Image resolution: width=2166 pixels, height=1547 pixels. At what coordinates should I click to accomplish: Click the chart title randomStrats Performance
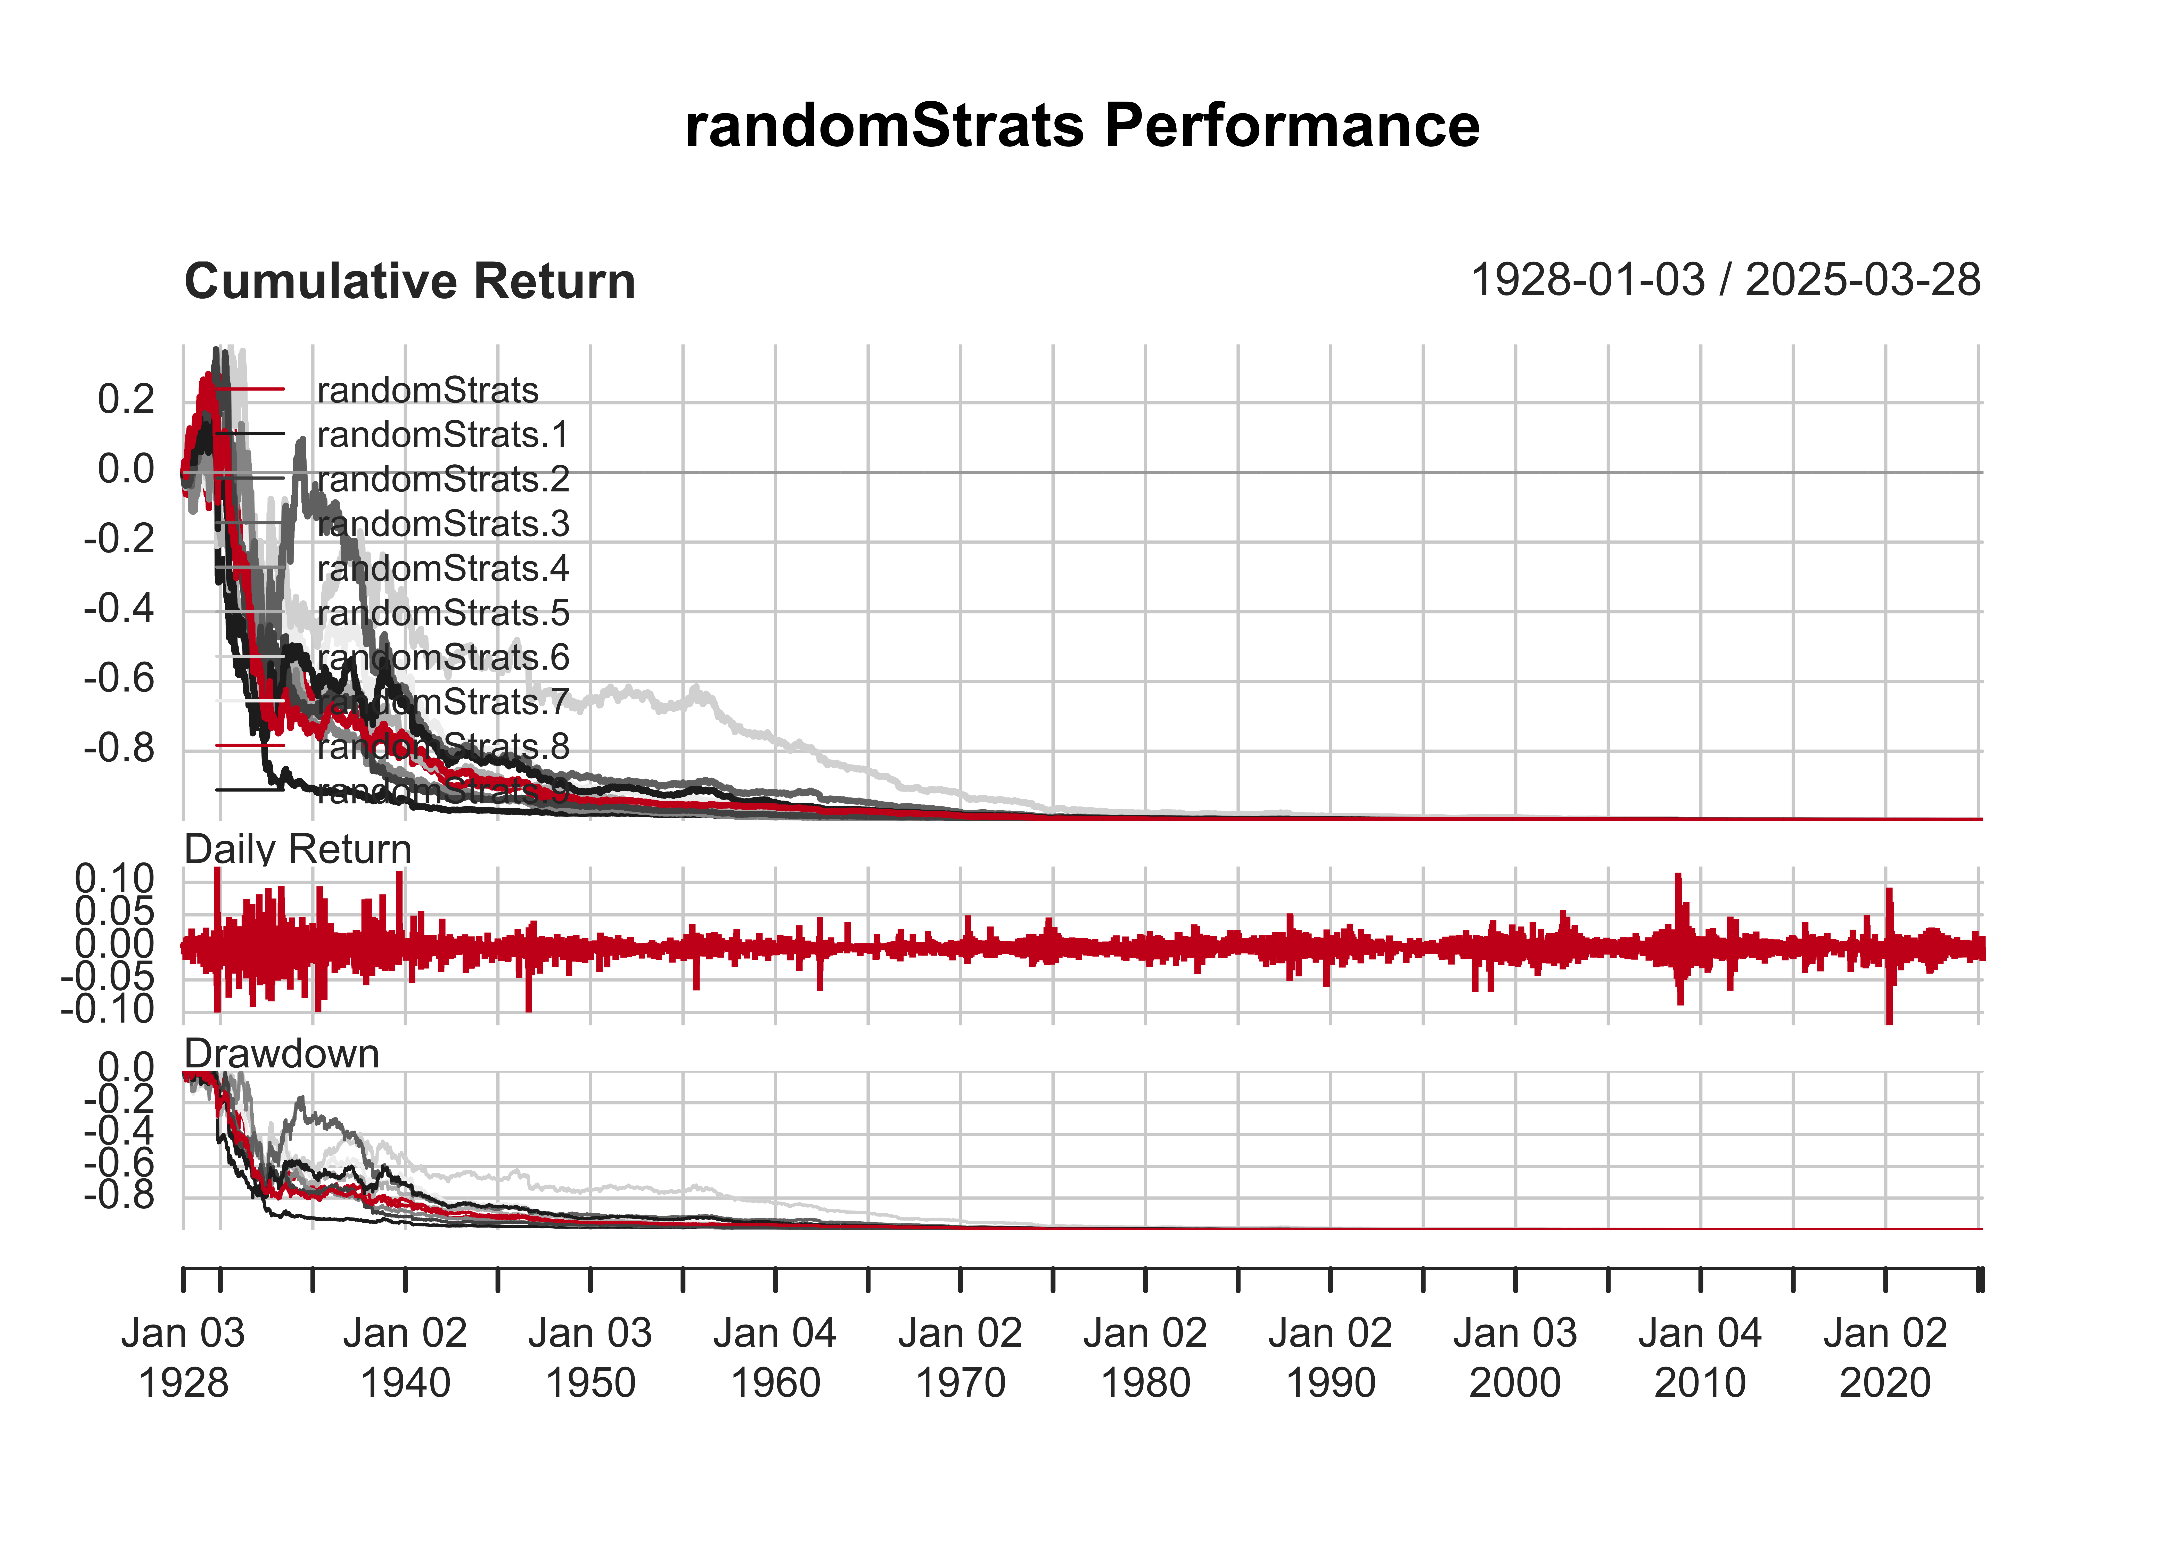pyautogui.click(x=1082, y=126)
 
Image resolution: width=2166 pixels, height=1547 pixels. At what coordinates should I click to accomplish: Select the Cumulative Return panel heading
pyautogui.click(x=409, y=282)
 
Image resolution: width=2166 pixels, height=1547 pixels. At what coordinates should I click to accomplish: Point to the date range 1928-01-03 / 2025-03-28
pyautogui.click(x=1725, y=280)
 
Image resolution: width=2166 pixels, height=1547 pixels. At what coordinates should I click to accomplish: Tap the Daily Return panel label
pyautogui.click(x=297, y=849)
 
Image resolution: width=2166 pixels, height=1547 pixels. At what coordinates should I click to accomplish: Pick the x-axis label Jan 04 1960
pyautogui.click(x=774, y=1357)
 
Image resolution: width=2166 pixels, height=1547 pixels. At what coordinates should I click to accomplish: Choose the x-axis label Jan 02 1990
pyautogui.click(x=1330, y=1357)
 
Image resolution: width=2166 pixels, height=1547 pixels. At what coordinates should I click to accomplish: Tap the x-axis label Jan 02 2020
pyautogui.click(x=1885, y=1357)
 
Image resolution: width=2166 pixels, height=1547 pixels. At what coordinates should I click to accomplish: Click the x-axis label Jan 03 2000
pyautogui.click(x=1514, y=1357)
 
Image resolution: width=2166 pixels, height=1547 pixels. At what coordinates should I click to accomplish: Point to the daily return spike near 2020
pyautogui.click(x=1889, y=953)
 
